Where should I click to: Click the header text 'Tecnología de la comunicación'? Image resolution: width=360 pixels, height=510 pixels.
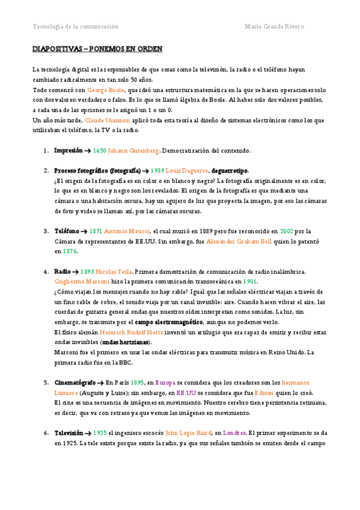pos(75,26)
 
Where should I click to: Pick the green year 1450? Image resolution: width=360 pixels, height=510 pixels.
pos(100,150)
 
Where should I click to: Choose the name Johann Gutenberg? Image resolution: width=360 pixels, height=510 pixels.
pos(133,150)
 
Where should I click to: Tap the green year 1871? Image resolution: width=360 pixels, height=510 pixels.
pos(96,230)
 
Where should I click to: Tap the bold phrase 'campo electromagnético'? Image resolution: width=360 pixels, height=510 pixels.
pos(169,322)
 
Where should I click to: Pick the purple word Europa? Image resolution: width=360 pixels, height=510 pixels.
pos(165,382)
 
